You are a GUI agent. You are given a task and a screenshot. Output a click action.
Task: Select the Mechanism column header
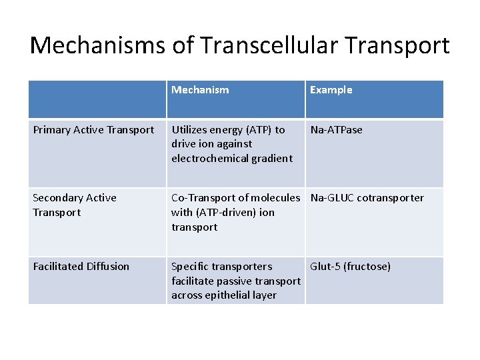tap(200, 90)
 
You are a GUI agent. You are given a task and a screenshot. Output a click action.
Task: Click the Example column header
tap(331, 90)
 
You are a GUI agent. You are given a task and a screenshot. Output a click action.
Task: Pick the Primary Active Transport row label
tap(93, 130)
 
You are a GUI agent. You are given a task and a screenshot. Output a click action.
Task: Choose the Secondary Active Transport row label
tap(74, 205)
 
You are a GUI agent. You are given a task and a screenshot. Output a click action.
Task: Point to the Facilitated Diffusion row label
tap(81, 267)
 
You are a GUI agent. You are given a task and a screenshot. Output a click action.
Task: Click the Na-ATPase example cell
tap(336, 130)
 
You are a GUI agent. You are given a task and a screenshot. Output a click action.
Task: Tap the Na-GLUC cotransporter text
tap(367, 198)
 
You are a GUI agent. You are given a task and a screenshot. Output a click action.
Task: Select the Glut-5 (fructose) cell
tap(350, 267)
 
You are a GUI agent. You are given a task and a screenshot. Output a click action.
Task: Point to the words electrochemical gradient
tap(231, 159)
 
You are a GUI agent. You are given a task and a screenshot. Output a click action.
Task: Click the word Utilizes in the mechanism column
tap(191, 130)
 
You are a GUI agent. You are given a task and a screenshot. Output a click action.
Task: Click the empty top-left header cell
tap(97, 99)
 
